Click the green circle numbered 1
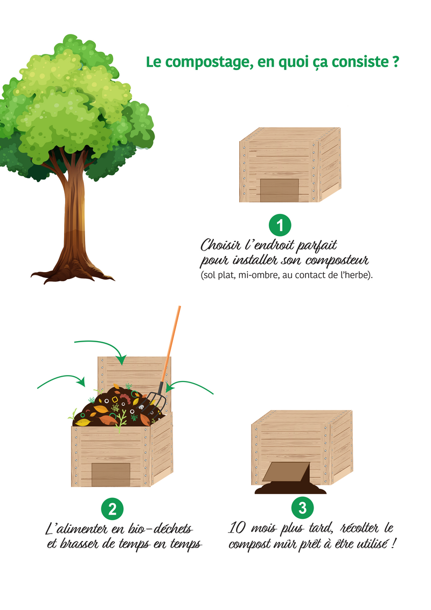click(280, 225)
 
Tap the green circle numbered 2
click(113, 509)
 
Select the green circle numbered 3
click(303, 508)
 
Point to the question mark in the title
click(396, 61)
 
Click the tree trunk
click(73, 218)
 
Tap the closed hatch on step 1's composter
click(279, 190)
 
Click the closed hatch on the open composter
click(111, 475)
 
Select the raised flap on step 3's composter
click(286, 472)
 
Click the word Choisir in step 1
click(220, 245)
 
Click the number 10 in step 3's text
click(237, 528)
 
